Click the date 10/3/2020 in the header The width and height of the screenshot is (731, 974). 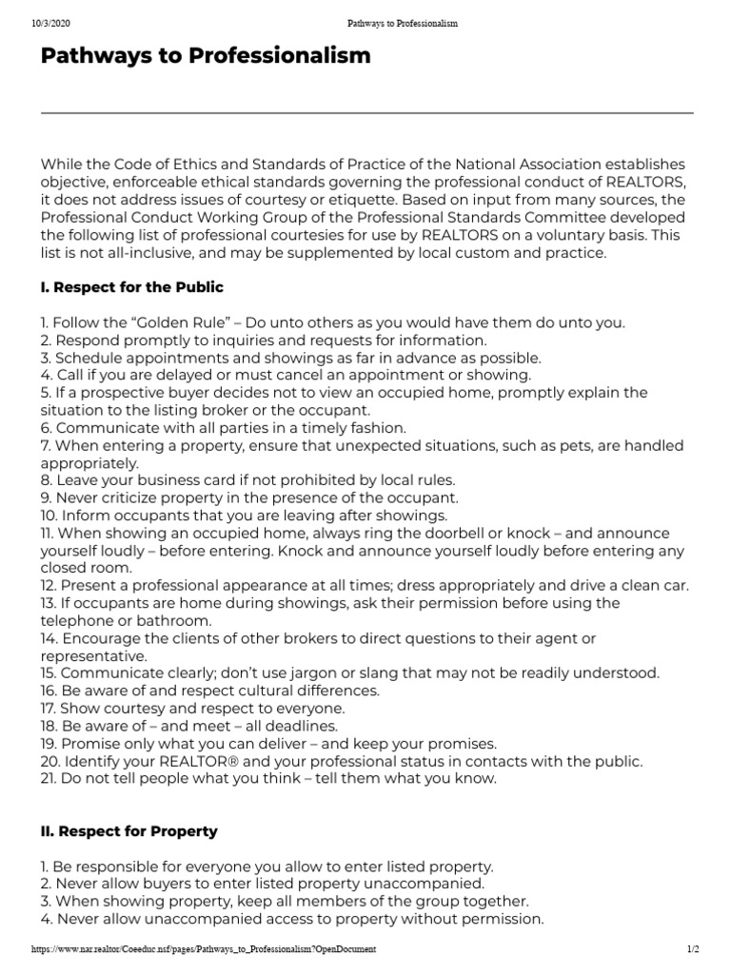[x=49, y=23]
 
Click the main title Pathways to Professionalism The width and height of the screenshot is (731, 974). [x=205, y=57]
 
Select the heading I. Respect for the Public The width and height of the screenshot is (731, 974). [x=131, y=287]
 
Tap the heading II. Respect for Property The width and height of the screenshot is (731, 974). [x=128, y=831]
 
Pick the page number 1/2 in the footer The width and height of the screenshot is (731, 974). [x=692, y=949]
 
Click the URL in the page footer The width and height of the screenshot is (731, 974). [x=204, y=949]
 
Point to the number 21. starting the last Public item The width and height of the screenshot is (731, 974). [x=48, y=778]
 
